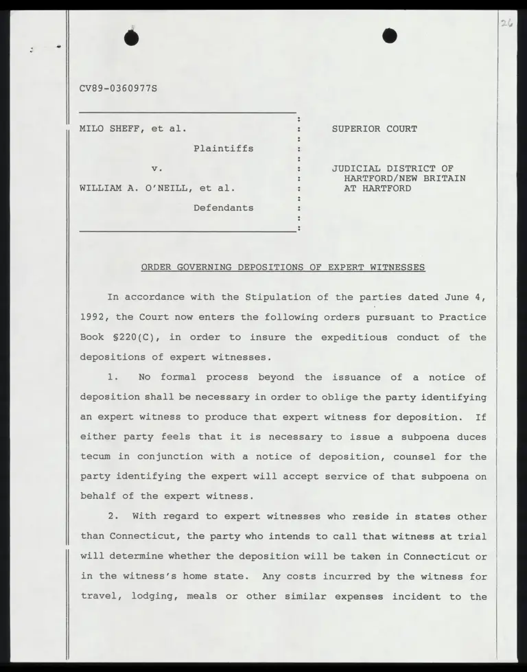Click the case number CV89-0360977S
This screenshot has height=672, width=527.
119,89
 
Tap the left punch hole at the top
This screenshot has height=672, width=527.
132,38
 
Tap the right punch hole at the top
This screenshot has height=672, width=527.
390,36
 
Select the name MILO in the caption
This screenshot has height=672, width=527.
91,128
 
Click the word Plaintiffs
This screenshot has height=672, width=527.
223,148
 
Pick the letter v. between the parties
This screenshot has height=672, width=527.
156,168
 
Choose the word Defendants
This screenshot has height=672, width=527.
223,208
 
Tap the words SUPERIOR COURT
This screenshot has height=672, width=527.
374,128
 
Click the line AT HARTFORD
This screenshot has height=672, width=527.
377,188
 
